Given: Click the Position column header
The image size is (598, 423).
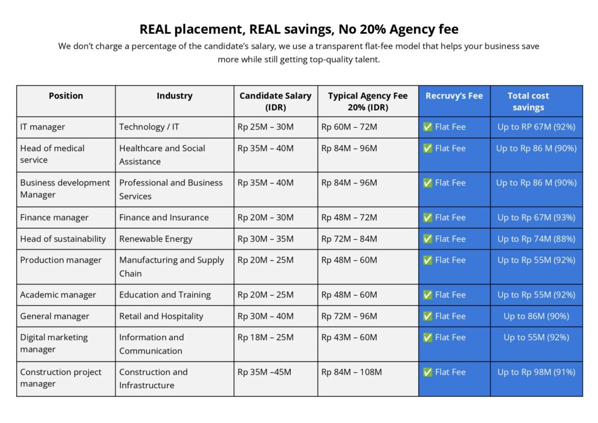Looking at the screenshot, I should point(66,96).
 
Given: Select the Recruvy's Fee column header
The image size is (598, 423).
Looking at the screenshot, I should point(454,96).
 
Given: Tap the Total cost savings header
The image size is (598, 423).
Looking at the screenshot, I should point(528,102).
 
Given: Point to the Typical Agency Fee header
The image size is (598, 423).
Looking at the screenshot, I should point(367,102).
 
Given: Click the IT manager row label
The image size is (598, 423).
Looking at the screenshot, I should point(43,127).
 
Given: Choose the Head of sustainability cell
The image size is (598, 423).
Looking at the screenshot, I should point(63,239).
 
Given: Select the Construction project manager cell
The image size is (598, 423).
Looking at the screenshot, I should point(61,377).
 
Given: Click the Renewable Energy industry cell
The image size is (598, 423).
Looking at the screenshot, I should point(156,239).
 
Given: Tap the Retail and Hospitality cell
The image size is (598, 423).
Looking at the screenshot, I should point(161,316).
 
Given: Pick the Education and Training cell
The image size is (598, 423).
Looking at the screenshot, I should point(165,295).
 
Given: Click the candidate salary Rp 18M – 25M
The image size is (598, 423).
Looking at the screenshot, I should point(266,337).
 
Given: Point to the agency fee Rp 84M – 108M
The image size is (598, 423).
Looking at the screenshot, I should point(352,372).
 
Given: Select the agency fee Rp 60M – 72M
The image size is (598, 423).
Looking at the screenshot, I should point(349,127).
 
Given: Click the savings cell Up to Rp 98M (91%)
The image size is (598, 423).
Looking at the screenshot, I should point(536,372).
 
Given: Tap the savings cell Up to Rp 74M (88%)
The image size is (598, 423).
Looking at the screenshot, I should point(536,239).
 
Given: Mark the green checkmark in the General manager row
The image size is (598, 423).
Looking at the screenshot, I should point(427,316).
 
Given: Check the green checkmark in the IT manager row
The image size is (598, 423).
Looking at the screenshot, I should point(427,127).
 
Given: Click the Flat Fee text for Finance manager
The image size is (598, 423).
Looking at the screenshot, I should point(450,218).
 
